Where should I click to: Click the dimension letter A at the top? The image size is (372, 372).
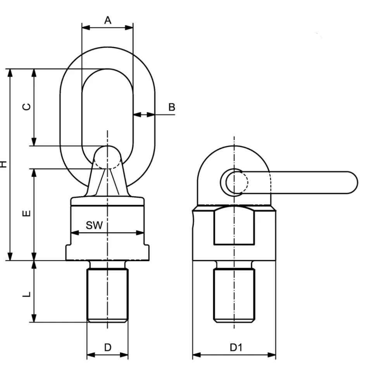click(108, 21)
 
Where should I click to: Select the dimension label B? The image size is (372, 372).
click(172, 107)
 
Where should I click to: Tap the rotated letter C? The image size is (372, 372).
click(27, 107)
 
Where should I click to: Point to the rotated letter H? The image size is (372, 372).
click(3, 164)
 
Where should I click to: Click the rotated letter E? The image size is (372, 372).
click(27, 214)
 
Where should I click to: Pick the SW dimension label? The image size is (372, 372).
click(94, 225)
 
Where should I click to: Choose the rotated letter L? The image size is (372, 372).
click(27, 294)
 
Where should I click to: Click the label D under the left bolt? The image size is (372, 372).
click(108, 347)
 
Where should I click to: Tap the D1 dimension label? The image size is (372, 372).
click(236, 347)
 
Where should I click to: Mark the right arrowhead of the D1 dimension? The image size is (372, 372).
click(272, 355)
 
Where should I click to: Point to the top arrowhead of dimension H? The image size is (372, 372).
click(10, 73)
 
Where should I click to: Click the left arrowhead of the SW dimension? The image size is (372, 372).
click(75, 233)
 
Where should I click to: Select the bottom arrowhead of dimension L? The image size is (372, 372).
click(34, 318)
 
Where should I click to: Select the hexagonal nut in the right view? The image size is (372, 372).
click(234, 226)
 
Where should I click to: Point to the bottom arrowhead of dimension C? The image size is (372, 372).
click(34, 142)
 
